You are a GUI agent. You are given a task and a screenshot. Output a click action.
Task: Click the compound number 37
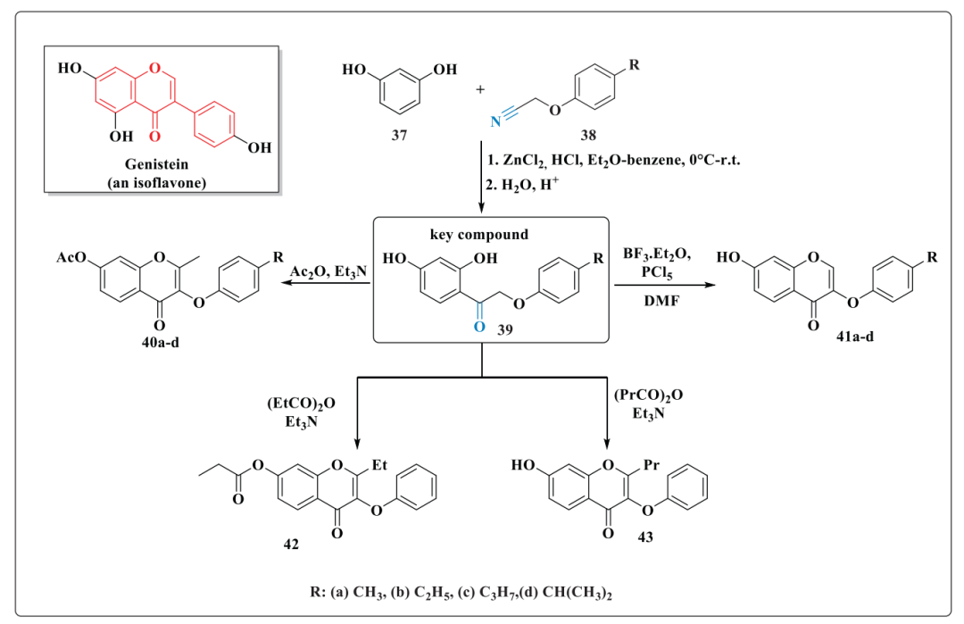click(x=399, y=136)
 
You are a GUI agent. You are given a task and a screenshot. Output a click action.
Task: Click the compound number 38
click(x=587, y=136)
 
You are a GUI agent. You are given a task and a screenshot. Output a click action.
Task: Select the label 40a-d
click(x=161, y=343)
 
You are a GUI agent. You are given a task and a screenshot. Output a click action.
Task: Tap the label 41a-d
click(x=854, y=337)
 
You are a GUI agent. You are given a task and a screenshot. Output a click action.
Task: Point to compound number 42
click(x=291, y=544)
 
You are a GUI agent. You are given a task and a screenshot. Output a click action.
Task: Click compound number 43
click(x=645, y=537)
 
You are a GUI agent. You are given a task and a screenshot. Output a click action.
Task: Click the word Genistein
click(x=157, y=165)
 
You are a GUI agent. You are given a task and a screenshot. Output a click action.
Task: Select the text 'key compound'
click(x=479, y=235)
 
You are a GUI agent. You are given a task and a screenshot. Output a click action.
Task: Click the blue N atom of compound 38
click(x=495, y=121)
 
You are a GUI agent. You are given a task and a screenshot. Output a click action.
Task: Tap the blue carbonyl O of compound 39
click(x=479, y=327)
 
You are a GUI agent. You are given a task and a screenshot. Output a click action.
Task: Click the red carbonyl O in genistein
click(x=154, y=136)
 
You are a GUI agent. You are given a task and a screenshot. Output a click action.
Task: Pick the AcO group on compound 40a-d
click(x=71, y=257)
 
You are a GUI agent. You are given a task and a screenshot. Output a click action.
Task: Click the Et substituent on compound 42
click(x=379, y=465)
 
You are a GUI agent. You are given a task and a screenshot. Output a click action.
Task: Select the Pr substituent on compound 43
click(x=651, y=465)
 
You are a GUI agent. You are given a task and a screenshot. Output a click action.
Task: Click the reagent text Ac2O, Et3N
click(x=328, y=271)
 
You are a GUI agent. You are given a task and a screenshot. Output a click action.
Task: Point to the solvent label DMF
click(x=661, y=301)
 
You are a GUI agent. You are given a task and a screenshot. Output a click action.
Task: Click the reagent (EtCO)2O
click(x=302, y=404)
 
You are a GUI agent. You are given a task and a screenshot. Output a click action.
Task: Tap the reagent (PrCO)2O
click(x=649, y=395)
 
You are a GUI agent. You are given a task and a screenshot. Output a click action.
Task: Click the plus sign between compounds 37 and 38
click(x=480, y=89)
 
